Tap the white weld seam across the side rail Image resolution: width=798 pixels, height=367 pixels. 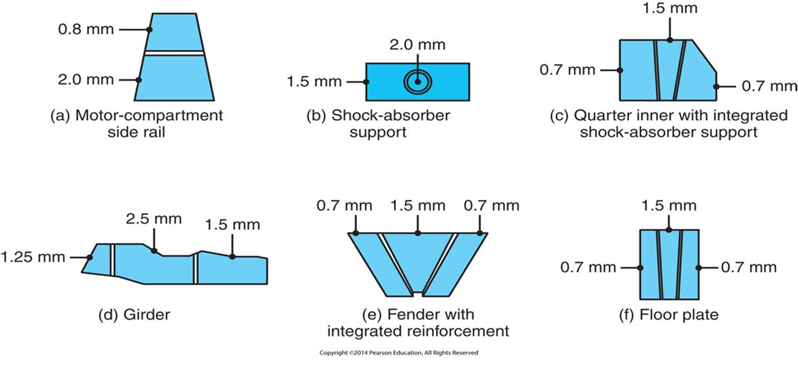(x=173, y=53)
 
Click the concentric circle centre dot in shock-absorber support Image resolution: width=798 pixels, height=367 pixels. (x=417, y=82)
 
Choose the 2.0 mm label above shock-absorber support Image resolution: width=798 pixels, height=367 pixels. (x=417, y=45)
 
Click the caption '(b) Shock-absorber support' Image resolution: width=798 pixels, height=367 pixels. (x=378, y=123)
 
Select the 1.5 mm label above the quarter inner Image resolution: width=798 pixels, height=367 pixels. (x=670, y=9)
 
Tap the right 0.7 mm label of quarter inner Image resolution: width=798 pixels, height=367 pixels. (x=769, y=86)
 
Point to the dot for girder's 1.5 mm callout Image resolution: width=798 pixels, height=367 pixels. (x=232, y=256)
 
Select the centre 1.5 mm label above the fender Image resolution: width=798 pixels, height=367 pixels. (x=417, y=205)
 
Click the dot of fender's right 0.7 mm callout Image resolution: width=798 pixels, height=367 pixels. (x=479, y=233)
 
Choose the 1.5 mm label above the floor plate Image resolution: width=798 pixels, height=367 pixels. (x=669, y=205)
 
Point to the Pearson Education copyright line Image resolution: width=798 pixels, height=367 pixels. (x=398, y=353)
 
